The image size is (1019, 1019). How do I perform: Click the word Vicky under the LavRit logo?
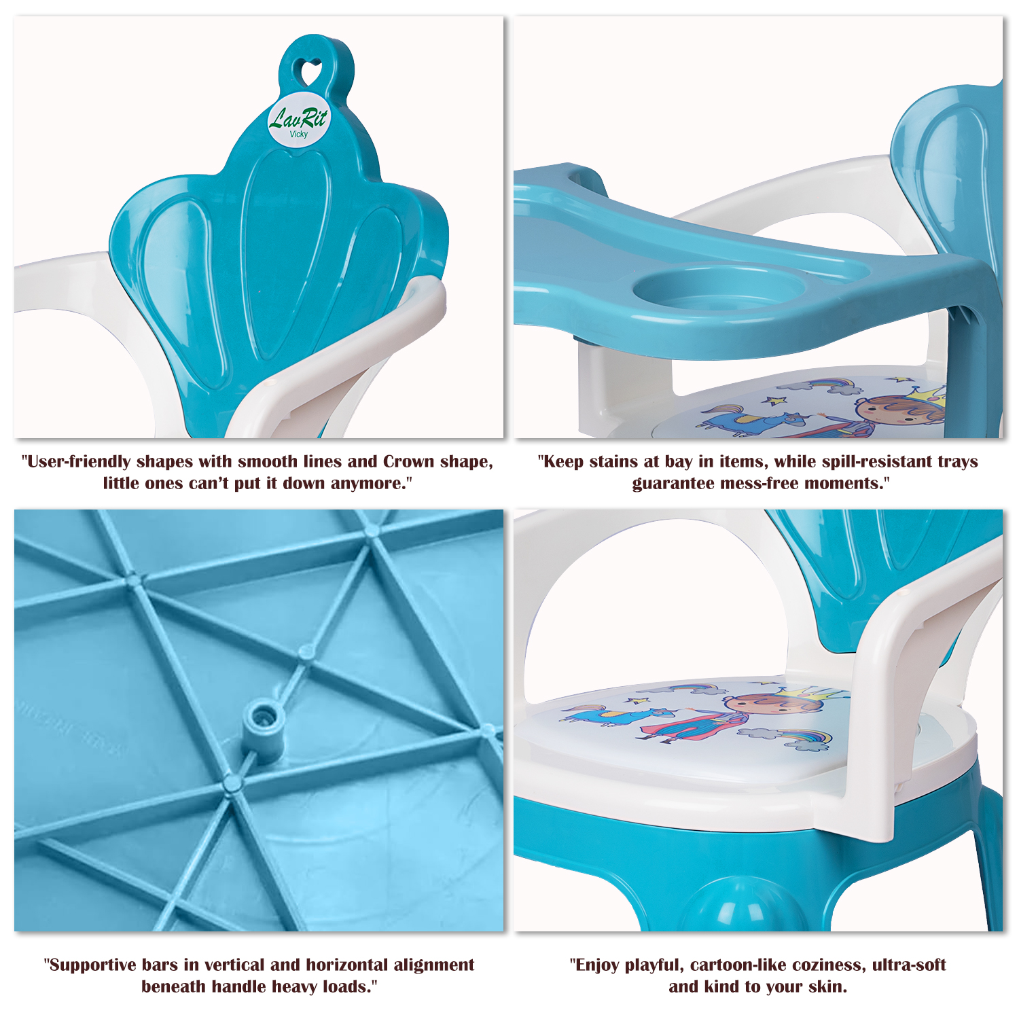point(299,134)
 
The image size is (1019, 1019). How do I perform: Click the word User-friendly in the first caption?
point(79,462)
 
